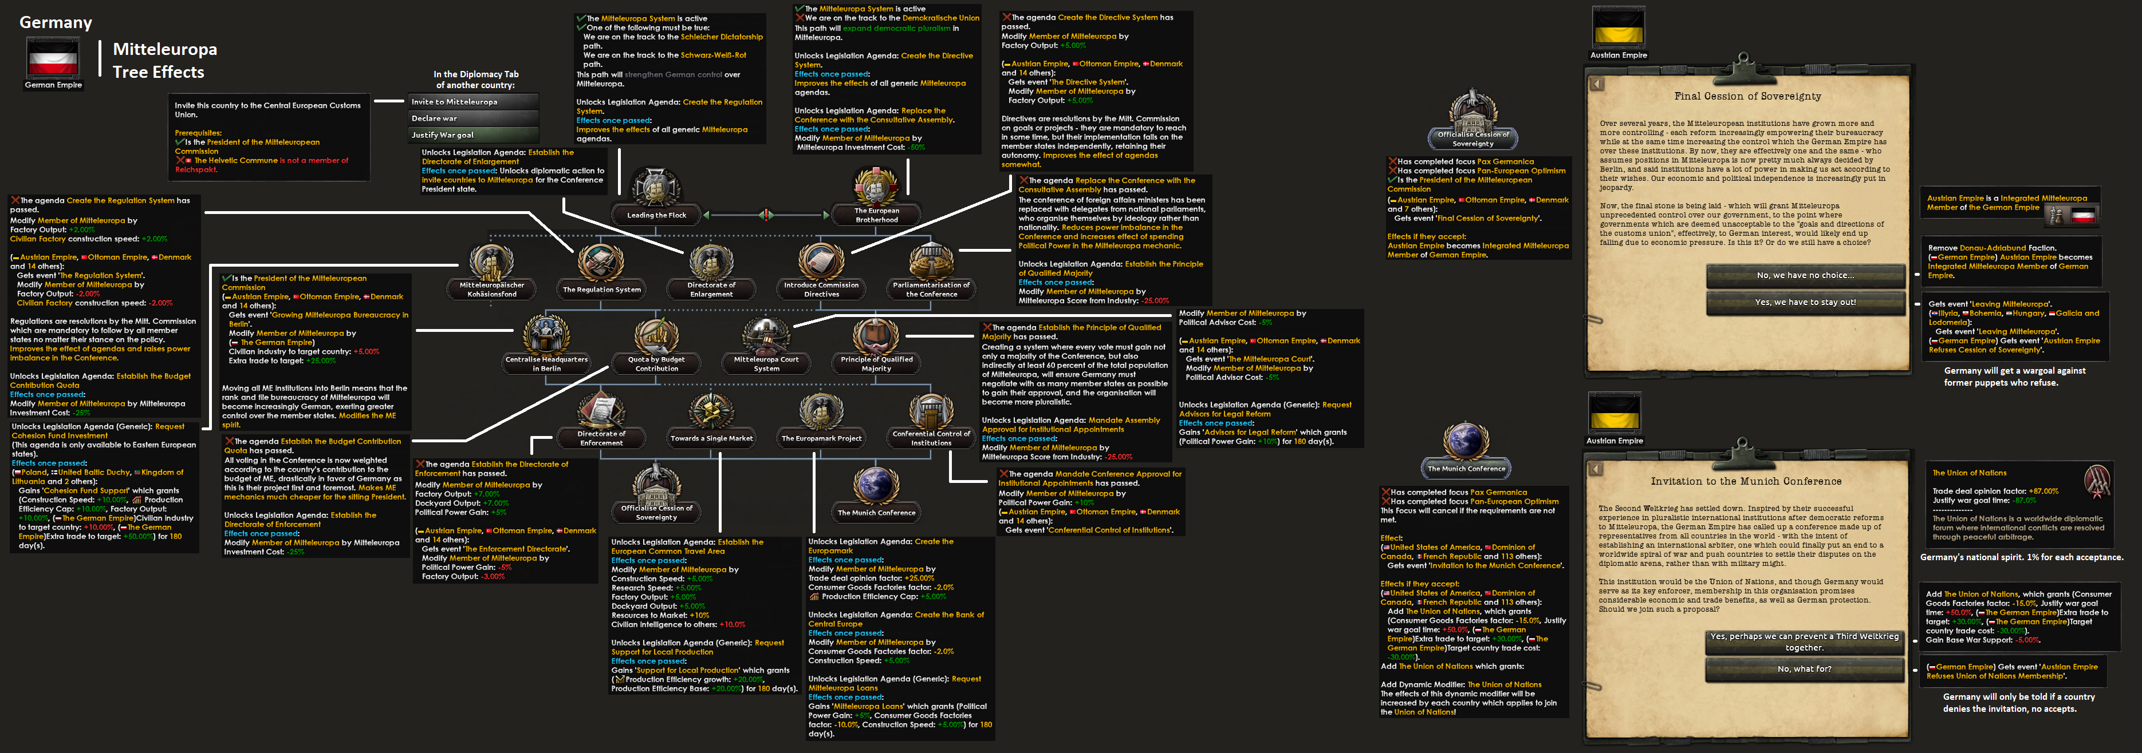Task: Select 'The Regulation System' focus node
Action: click(601, 265)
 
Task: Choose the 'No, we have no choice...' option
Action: click(1805, 275)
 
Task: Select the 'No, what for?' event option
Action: click(1805, 668)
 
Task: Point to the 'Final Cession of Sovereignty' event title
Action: click(1747, 96)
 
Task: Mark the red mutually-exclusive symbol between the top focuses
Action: click(766, 215)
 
